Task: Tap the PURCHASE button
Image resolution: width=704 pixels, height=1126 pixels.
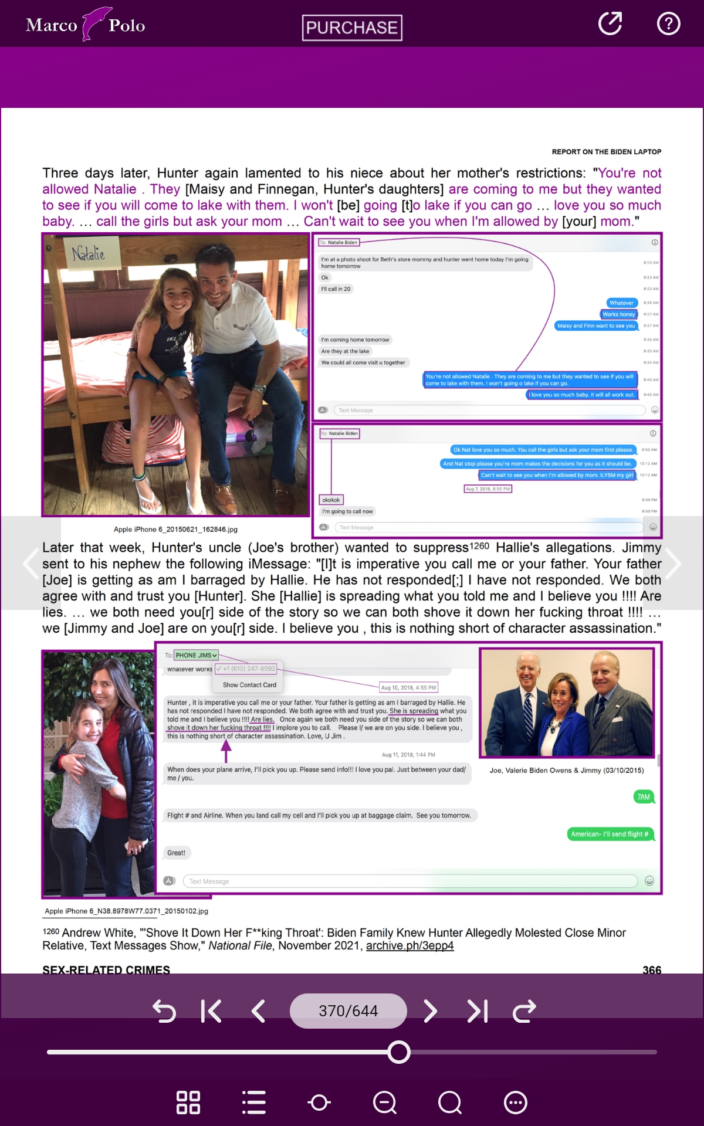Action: [352, 28]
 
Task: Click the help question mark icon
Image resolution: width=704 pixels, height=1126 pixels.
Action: [668, 23]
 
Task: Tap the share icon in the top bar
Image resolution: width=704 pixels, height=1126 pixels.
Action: [610, 23]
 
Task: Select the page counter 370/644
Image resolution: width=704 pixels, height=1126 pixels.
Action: [348, 1010]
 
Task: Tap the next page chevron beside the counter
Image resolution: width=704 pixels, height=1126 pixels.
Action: [430, 1010]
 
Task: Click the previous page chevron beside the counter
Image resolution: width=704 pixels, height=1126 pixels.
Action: [258, 1010]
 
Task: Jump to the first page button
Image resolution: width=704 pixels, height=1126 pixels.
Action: [211, 1010]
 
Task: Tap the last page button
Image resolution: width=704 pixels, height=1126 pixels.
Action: [478, 1010]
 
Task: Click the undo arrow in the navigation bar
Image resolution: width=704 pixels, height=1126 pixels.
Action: [164, 1011]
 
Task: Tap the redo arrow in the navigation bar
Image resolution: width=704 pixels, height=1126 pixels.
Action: [524, 1010]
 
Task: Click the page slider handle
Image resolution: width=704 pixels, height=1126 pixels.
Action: [399, 1052]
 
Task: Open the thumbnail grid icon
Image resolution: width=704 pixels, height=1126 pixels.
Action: [188, 1103]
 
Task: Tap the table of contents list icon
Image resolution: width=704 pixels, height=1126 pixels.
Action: [254, 1103]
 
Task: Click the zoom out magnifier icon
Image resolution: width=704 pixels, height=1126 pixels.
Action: [385, 1103]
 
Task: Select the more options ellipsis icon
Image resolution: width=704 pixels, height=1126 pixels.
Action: [516, 1103]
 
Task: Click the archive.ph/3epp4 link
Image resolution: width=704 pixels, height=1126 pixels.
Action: [409, 945]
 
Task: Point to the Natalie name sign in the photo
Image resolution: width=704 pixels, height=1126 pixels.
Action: [89, 253]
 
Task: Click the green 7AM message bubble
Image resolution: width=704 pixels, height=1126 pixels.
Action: [644, 796]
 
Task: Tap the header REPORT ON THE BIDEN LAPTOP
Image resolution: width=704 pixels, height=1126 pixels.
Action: [606, 152]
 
